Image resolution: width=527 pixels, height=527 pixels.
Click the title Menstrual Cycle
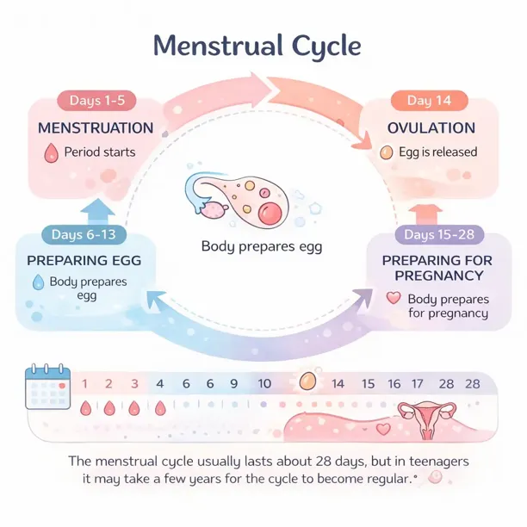click(x=257, y=45)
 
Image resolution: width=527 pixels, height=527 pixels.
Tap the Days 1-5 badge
click(x=96, y=101)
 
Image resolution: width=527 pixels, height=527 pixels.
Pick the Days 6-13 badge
click(x=84, y=234)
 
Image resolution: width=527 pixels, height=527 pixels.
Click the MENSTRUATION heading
click(x=96, y=128)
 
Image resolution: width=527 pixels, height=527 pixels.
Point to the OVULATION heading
click(x=431, y=128)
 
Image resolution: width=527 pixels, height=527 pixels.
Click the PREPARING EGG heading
click(x=84, y=260)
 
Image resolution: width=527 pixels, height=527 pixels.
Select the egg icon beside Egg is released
click(x=386, y=153)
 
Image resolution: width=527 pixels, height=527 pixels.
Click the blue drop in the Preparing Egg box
click(x=37, y=282)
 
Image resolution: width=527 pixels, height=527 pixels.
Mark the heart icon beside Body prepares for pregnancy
click(x=394, y=299)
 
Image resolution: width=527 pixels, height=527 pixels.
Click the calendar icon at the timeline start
click(x=48, y=390)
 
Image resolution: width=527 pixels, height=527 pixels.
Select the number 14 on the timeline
click(x=338, y=384)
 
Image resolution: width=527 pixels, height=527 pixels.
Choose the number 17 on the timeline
click(x=418, y=384)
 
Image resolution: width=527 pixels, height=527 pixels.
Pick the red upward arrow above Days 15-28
click(x=423, y=212)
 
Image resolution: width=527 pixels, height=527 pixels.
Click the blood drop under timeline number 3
click(x=134, y=408)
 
